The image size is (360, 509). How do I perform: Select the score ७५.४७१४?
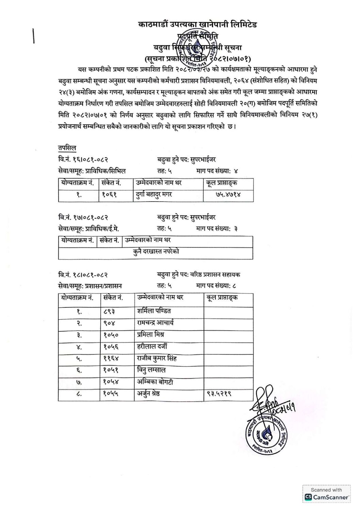(x=228, y=195)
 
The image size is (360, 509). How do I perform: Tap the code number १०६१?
(x=110, y=195)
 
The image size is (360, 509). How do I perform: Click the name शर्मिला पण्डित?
(x=154, y=311)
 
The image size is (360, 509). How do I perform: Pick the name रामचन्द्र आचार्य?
(x=155, y=323)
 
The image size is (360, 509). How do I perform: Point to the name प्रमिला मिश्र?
(x=150, y=335)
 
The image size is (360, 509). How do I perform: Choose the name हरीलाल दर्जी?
(x=152, y=346)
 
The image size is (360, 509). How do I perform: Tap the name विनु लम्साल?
(x=151, y=370)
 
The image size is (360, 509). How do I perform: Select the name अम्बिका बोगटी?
(x=155, y=382)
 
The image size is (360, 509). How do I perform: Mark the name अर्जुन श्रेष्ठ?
(x=148, y=394)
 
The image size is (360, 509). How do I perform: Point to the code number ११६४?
(x=111, y=358)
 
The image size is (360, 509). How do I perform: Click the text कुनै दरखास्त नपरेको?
(x=156, y=252)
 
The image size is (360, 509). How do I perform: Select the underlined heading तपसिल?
(x=67, y=148)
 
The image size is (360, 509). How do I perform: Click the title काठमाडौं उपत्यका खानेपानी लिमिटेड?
(x=197, y=24)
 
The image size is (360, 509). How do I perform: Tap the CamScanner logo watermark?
(x=326, y=494)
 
